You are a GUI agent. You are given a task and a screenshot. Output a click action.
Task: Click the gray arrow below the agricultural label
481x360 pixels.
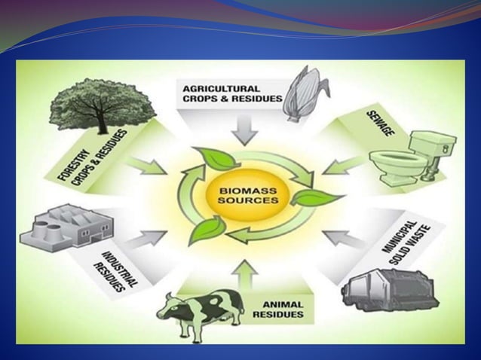(x=242, y=131)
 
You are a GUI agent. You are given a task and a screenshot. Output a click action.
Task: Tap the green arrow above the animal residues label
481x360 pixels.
(x=242, y=275)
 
